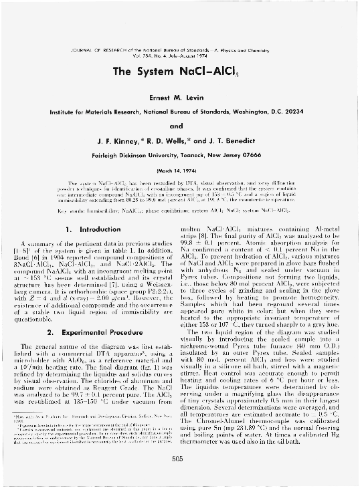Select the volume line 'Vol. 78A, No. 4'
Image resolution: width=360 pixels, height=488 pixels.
(x=161, y=56)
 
